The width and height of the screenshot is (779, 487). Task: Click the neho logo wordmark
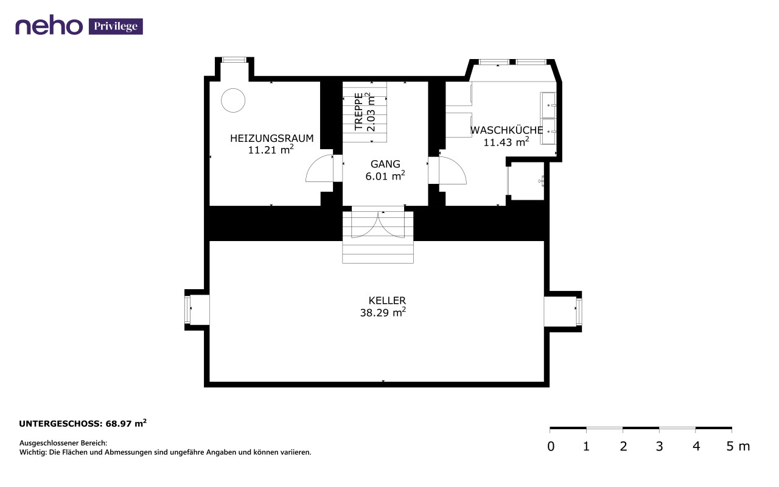(x=49, y=25)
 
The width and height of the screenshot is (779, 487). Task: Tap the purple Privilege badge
(x=116, y=26)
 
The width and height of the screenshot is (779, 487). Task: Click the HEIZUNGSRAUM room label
(x=271, y=138)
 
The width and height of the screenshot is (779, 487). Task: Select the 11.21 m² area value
(x=271, y=150)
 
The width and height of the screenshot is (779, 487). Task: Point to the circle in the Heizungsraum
(x=233, y=100)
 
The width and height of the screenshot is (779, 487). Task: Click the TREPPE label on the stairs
(x=358, y=111)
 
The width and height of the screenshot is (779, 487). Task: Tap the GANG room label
(x=385, y=164)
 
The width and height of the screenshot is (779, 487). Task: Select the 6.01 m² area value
(x=385, y=176)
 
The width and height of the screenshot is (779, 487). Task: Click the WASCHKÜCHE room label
(x=506, y=130)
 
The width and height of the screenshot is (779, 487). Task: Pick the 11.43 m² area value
(x=506, y=142)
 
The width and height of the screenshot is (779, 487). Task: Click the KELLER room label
(x=387, y=300)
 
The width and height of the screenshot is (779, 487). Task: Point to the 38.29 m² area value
(x=383, y=312)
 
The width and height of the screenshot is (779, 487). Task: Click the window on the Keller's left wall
(x=188, y=310)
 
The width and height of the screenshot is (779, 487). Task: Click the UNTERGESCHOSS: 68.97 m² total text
(x=83, y=423)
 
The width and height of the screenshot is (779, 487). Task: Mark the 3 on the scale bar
(x=659, y=446)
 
